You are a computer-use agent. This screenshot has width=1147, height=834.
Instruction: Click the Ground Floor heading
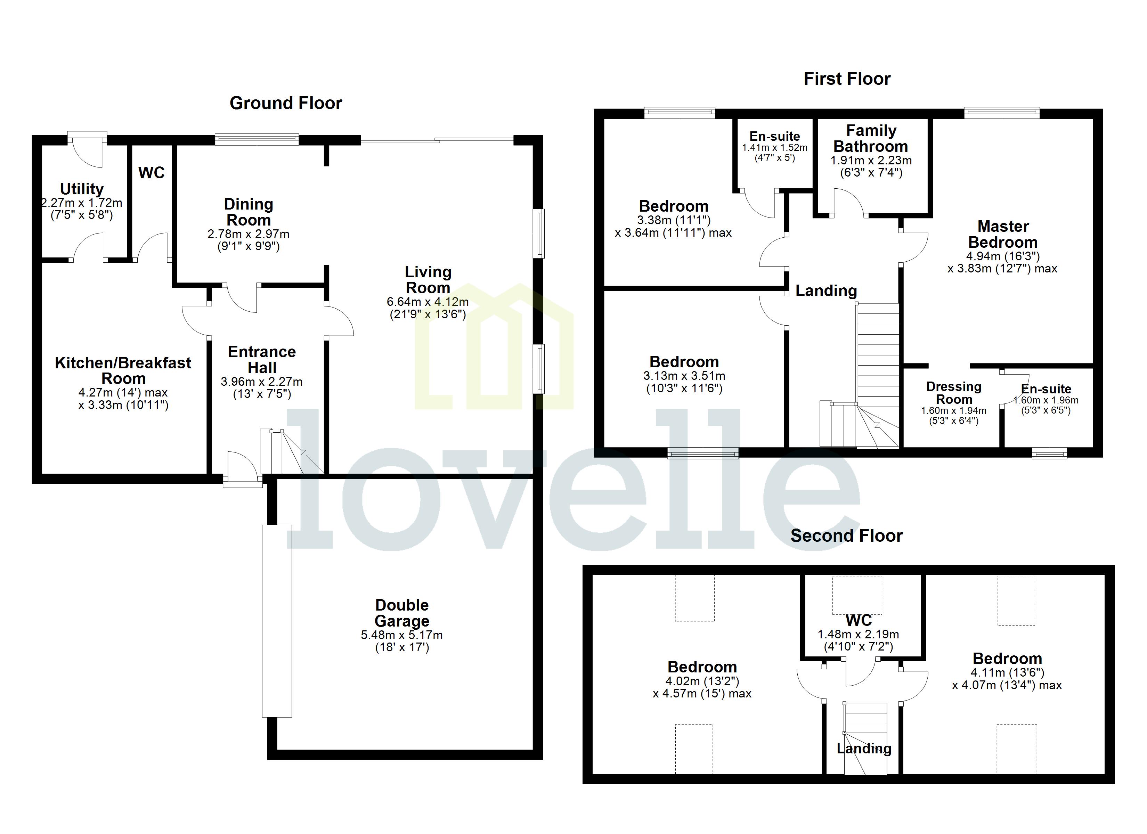[x=286, y=103]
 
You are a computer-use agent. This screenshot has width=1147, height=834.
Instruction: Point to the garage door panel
[x=277, y=621]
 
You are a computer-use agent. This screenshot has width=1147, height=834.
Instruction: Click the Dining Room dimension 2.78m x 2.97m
[x=248, y=234]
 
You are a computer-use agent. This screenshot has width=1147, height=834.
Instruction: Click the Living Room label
[x=428, y=280]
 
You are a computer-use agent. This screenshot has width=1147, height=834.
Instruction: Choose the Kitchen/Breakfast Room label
[x=123, y=370]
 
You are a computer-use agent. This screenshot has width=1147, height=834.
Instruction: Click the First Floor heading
[x=847, y=79]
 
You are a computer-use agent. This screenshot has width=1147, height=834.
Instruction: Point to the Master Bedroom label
[x=1002, y=234]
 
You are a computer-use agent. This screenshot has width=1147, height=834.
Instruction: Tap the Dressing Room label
[x=953, y=392]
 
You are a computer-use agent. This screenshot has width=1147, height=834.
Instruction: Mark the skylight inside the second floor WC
[x=857, y=595]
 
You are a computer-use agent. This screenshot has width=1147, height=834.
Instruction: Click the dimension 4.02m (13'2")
[x=702, y=681]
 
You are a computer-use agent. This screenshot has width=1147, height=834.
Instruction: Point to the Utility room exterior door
[x=87, y=148]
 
